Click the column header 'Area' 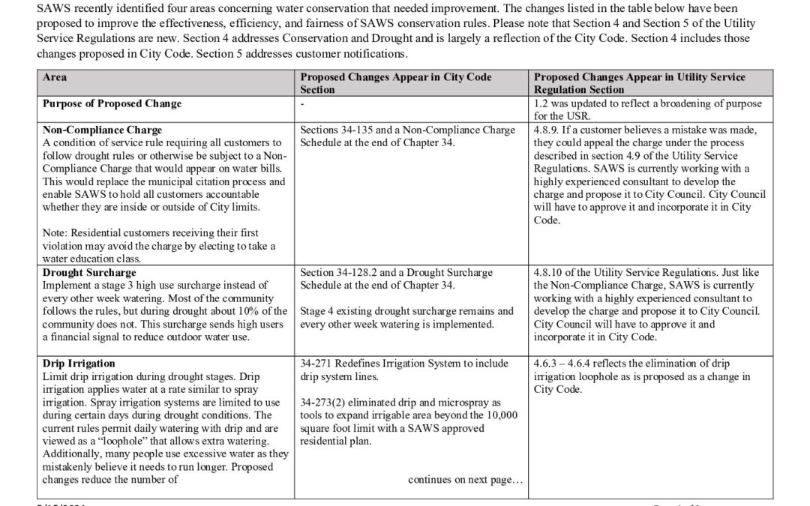55,77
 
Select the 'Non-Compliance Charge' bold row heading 103,130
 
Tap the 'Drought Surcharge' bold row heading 89,273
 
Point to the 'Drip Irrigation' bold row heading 79,364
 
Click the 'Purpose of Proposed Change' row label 112,103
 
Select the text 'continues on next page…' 464,480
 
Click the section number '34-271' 316,364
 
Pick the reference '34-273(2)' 323,403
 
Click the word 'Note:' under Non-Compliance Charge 57,234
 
